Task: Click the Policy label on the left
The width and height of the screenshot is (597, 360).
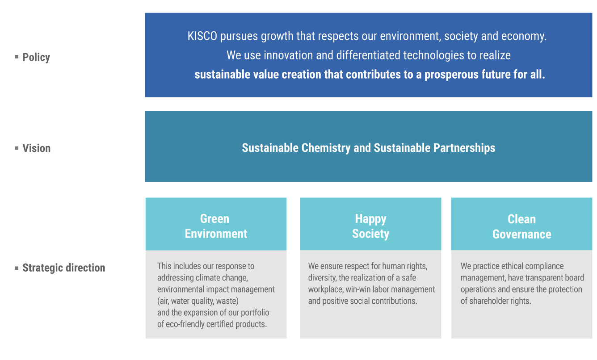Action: click(36, 57)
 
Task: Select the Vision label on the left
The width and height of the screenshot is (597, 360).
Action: click(36, 148)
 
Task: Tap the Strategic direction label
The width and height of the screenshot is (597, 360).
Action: click(64, 268)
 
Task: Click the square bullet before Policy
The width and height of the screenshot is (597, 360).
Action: click(17, 56)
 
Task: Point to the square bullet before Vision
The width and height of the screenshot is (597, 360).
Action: click(17, 148)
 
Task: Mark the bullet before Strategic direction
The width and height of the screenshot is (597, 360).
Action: click(17, 268)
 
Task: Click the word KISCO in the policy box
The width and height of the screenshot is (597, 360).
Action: click(202, 36)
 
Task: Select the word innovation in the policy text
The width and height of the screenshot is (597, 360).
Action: click(288, 55)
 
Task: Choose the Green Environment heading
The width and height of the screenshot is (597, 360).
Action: click(216, 226)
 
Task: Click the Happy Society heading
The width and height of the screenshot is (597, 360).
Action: click(371, 226)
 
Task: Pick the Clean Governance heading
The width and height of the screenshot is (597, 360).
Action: click(522, 227)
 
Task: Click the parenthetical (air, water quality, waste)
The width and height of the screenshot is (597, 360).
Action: click(198, 301)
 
